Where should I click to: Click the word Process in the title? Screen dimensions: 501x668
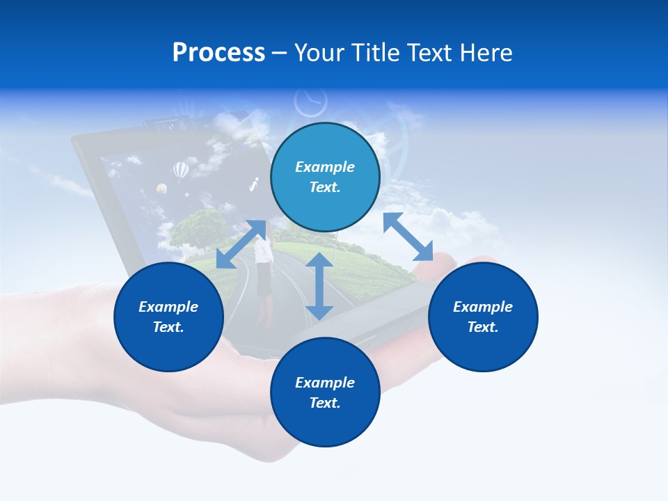click(218, 53)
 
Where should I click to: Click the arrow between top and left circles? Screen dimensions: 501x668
click(241, 244)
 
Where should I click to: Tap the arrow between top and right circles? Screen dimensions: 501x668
click(408, 237)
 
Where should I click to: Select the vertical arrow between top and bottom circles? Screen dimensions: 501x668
click(319, 286)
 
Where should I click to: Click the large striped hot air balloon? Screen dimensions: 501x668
click(180, 170)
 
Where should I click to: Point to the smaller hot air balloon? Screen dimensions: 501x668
click(161, 189)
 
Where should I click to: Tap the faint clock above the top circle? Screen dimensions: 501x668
click(310, 102)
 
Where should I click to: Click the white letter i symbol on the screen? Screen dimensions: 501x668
click(254, 184)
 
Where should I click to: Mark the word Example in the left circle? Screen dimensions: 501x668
click(168, 307)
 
